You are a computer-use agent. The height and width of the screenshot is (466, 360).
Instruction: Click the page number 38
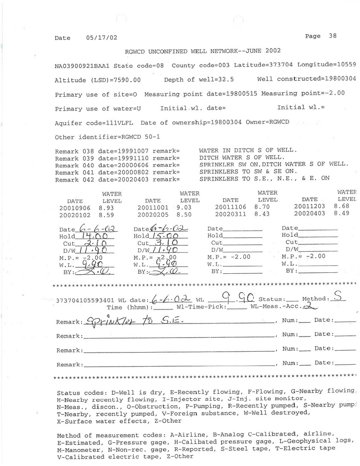pyautogui.click(x=333, y=36)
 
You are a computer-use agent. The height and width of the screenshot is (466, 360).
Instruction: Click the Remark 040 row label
pyautogui.click(x=75, y=165)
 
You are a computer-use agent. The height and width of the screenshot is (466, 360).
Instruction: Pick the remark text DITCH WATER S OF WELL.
pyautogui.click(x=239, y=158)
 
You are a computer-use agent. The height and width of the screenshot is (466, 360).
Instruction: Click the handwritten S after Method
pyautogui.click(x=335, y=296)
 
